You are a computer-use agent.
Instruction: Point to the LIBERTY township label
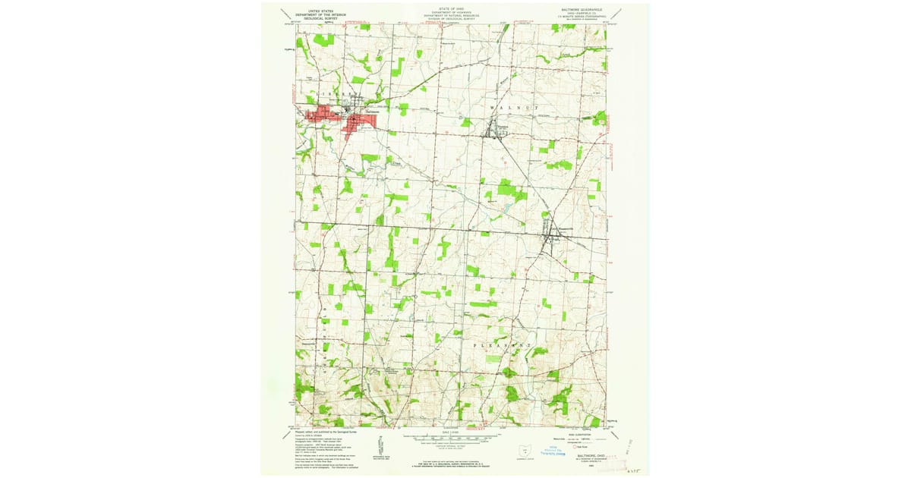pos(329,94)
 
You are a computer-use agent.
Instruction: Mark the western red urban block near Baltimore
pos(319,116)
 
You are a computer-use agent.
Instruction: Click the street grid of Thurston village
pos(497,131)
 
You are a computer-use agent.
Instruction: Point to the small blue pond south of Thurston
pos(505,206)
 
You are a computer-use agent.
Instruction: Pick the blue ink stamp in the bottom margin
pos(553,451)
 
